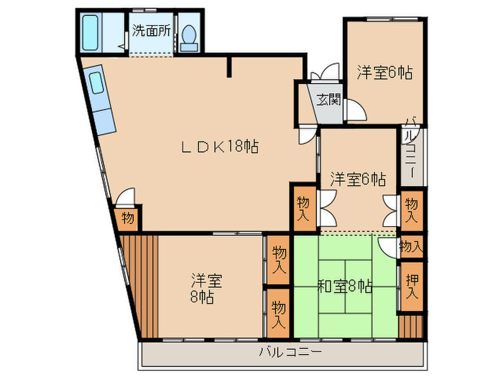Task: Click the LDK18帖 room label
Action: [218, 146]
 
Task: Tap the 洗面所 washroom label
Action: [151, 31]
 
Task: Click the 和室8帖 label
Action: [344, 286]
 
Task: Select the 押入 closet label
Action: [412, 286]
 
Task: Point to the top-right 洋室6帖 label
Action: [384, 73]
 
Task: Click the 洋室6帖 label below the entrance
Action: [357, 178]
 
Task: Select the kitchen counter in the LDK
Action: [101, 100]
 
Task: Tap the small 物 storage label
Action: [127, 218]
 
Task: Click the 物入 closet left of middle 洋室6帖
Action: [303, 208]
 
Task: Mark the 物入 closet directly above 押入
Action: [411, 246]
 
